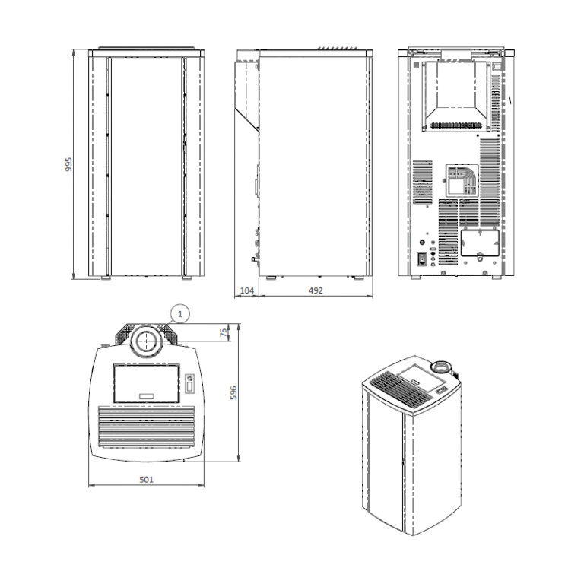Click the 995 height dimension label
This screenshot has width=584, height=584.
(x=68, y=164)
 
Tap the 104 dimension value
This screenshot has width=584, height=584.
(x=247, y=290)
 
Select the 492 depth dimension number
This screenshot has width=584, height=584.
(x=316, y=290)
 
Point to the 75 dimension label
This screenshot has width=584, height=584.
(x=224, y=332)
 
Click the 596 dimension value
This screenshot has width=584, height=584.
(x=233, y=392)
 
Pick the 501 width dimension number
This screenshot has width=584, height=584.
(x=146, y=479)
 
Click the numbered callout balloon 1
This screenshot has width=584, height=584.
(x=180, y=314)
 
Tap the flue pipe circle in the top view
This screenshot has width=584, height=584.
(x=146, y=341)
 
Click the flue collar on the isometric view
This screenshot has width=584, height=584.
(x=441, y=368)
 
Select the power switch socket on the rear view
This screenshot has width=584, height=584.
(x=422, y=258)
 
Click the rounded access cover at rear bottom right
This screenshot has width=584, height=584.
(x=480, y=243)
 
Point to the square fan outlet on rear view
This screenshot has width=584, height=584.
(x=462, y=181)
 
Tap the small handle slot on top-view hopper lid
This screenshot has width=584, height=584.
(x=146, y=396)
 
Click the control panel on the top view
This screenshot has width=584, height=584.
(x=190, y=383)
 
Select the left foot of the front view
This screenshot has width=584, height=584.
(x=106, y=278)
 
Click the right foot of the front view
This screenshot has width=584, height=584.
(x=187, y=278)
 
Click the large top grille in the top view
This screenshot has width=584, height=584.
(x=146, y=427)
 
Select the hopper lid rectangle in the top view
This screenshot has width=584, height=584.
(x=146, y=383)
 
